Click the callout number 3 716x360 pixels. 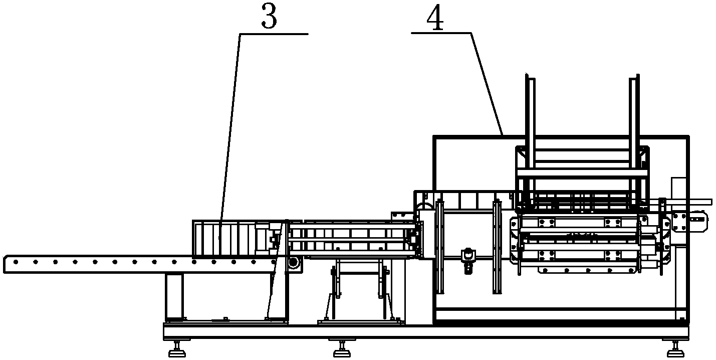coord(269,19)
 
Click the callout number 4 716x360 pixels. coord(434,19)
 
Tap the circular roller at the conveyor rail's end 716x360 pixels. coord(293,263)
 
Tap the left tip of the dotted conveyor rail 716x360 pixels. coord(5,264)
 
